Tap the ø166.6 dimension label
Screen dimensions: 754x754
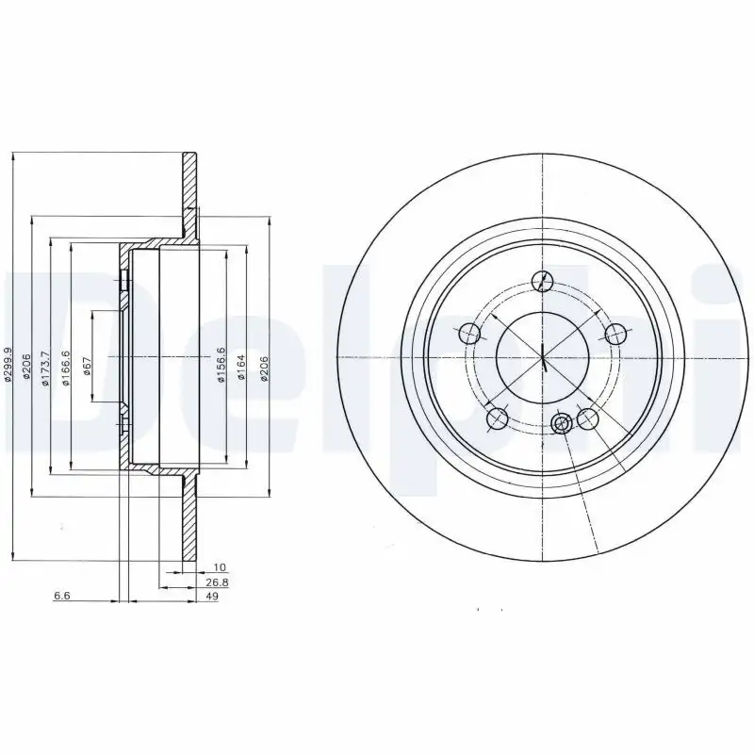(65, 366)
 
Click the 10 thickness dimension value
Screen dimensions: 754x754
(220, 567)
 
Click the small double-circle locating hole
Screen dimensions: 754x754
(562, 423)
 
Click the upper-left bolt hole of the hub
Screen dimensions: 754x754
(468, 334)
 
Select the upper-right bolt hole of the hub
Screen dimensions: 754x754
(616, 334)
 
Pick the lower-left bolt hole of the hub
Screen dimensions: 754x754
(498, 419)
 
